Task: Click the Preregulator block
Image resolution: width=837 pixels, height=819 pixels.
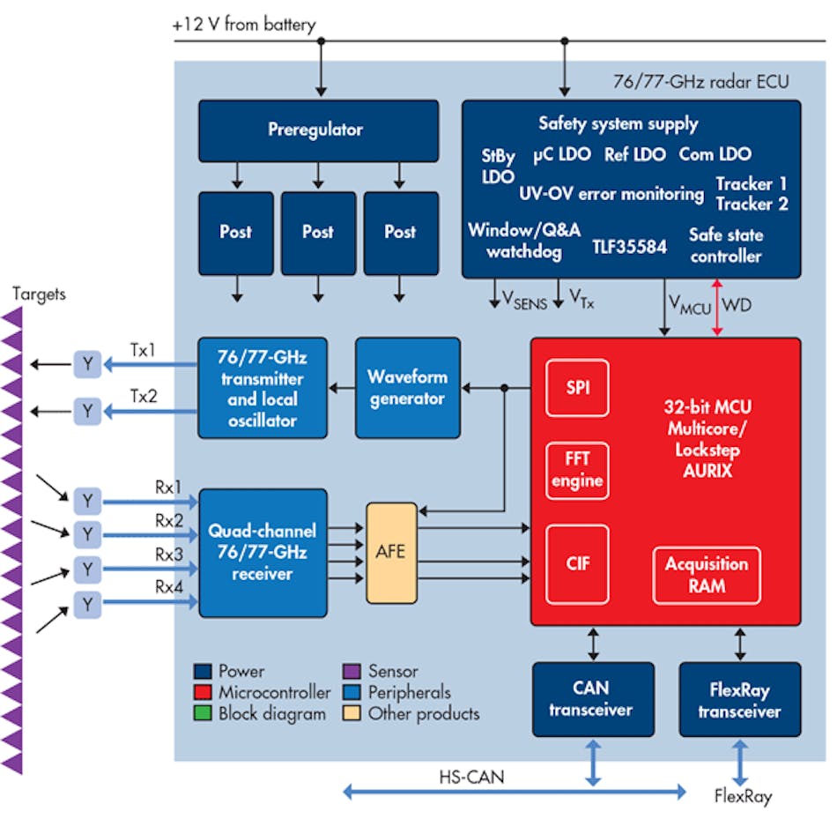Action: pyautogui.click(x=318, y=130)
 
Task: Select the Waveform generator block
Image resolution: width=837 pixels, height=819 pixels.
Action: pyautogui.click(x=407, y=387)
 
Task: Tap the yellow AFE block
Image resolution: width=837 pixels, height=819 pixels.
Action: pyautogui.click(x=391, y=553)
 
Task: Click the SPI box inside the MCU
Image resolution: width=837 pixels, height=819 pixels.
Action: pyautogui.click(x=577, y=387)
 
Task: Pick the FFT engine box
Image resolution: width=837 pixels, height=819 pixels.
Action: pyautogui.click(x=577, y=469)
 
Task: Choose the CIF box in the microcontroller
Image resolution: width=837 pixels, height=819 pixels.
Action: pyautogui.click(x=577, y=564)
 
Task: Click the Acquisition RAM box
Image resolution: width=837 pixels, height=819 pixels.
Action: pyautogui.click(x=706, y=575)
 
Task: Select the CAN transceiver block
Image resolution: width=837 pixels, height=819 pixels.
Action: pyautogui.click(x=593, y=699)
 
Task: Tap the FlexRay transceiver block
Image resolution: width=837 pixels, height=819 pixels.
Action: pyautogui.click(x=740, y=699)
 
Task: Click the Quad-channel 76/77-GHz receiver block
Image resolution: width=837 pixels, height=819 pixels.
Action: pyautogui.click(x=263, y=553)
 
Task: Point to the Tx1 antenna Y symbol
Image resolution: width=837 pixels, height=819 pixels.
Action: pyautogui.click(x=87, y=362)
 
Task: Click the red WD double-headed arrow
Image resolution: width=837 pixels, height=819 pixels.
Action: pyautogui.click(x=717, y=308)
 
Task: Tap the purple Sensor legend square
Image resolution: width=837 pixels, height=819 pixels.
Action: pyautogui.click(x=349, y=672)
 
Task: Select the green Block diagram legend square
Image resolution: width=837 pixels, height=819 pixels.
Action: pyautogui.click(x=204, y=714)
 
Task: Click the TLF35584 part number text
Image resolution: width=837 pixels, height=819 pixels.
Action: pyautogui.click(x=629, y=247)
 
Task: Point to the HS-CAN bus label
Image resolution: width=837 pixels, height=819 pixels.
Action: pyautogui.click(x=472, y=777)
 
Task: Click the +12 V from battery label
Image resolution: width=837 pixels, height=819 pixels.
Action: pyautogui.click(x=244, y=25)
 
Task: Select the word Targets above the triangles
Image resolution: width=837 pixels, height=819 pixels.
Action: pyautogui.click(x=39, y=294)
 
